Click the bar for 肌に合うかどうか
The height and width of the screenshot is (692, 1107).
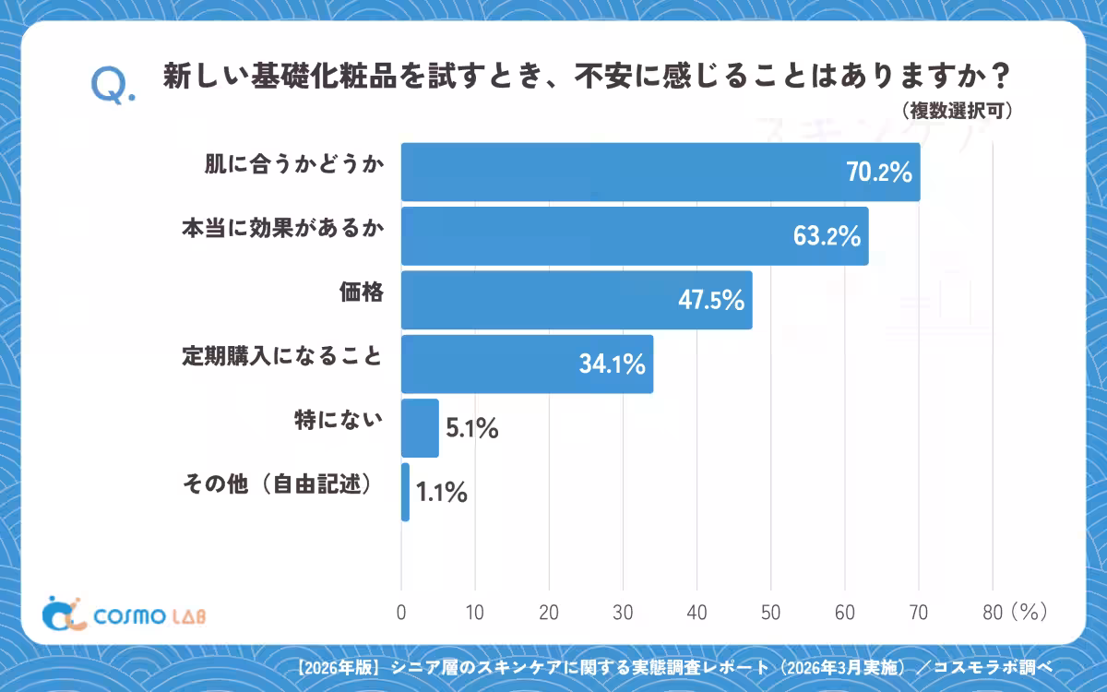coord(661,172)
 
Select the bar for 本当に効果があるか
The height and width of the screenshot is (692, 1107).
coord(635,236)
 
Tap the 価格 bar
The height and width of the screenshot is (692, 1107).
coord(577,300)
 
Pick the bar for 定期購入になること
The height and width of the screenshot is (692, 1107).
coord(528,364)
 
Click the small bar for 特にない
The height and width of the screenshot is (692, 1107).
coord(420,428)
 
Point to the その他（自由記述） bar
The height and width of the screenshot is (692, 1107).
coord(405,493)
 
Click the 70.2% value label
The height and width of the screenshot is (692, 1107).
coord(879,173)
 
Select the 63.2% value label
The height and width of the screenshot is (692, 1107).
coord(827,236)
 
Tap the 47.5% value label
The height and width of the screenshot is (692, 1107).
coord(711,300)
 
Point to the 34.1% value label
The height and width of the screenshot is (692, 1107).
coord(613,364)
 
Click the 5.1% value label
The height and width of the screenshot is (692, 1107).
coord(472,428)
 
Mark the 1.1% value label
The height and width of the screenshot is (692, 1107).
coord(441,493)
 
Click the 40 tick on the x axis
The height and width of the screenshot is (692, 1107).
coord(696,613)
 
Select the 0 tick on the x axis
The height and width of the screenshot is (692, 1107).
coord(401,613)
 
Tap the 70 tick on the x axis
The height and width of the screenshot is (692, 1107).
coord(919,613)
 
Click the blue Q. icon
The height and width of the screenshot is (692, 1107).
coord(113,86)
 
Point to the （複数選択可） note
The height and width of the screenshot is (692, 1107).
coord(957,111)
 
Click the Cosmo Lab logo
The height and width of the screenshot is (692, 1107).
coord(124,614)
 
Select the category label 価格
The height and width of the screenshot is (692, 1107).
coord(362,292)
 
